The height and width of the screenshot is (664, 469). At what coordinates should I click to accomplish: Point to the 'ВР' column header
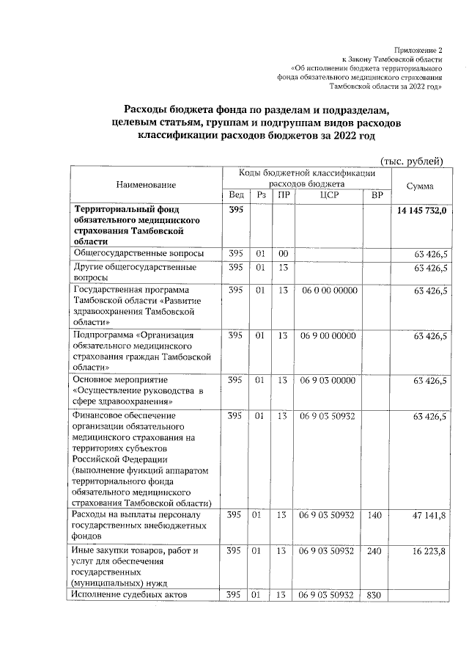(x=377, y=195)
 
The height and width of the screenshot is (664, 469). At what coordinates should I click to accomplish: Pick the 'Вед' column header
(x=236, y=195)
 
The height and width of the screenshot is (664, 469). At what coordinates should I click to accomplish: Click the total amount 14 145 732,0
(x=424, y=211)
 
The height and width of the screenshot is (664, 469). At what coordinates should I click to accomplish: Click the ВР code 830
(x=375, y=594)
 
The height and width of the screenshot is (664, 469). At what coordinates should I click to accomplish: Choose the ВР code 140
(x=375, y=516)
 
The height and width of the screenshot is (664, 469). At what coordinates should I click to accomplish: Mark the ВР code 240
(x=375, y=550)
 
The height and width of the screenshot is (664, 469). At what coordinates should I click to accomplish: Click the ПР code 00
(x=282, y=253)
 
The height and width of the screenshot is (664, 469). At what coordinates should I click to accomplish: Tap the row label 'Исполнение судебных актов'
(x=130, y=594)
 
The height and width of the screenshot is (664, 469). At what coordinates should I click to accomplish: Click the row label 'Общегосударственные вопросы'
(x=136, y=253)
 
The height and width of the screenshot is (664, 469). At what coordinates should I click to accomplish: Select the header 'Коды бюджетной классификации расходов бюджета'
(x=307, y=178)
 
